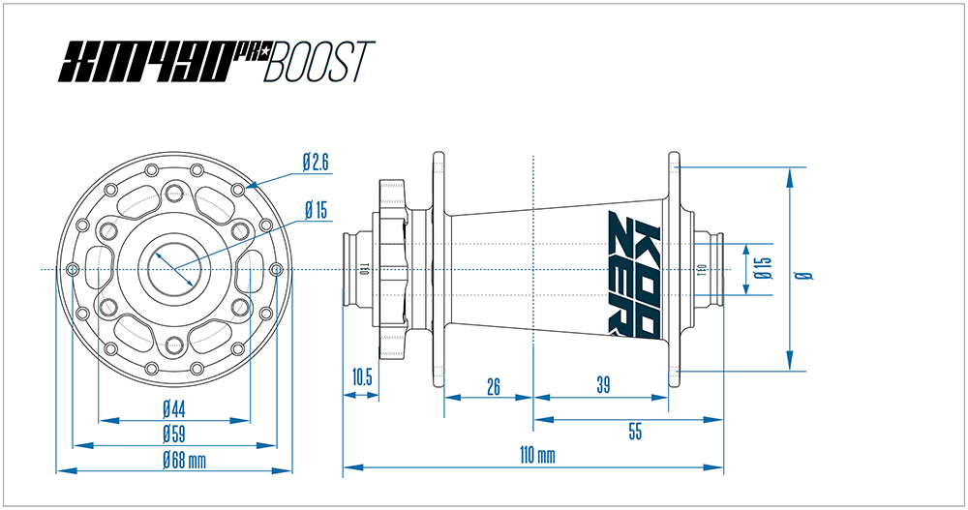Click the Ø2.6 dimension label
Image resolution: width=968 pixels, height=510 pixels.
(x=316, y=164)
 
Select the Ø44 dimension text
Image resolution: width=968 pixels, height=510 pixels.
(x=174, y=406)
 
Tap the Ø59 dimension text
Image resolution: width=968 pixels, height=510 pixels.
(x=174, y=432)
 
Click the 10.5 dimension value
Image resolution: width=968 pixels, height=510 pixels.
(x=362, y=377)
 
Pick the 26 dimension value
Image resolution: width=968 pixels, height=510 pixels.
(x=493, y=387)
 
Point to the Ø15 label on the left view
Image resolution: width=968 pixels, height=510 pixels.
(x=317, y=209)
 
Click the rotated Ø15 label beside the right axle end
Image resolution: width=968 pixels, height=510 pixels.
(x=765, y=269)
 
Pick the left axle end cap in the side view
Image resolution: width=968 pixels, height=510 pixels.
(x=360, y=268)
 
